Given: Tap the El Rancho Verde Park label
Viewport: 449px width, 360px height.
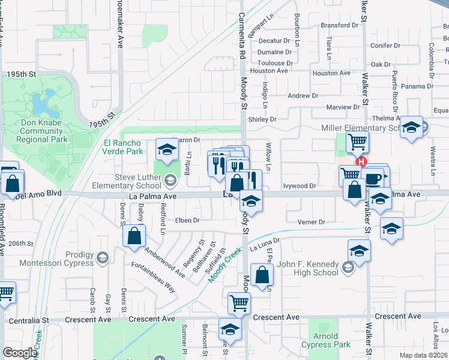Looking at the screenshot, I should click(x=122, y=147).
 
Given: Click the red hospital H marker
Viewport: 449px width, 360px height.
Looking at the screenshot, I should click(x=361, y=161).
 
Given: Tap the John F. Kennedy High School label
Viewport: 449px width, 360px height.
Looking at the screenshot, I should click(x=309, y=268).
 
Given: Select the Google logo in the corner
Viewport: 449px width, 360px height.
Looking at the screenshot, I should click(x=19, y=352).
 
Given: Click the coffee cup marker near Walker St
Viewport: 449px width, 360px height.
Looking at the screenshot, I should click(x=374, y=179).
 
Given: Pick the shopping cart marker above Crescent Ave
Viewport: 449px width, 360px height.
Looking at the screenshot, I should click(x=239, y=304).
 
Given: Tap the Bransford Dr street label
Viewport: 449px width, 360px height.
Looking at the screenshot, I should click(x=343, y=25).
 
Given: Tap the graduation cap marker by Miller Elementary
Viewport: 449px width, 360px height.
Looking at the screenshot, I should click(x=412, y=128).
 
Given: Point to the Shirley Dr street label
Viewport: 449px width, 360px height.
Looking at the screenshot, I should click(x=262, y=119).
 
